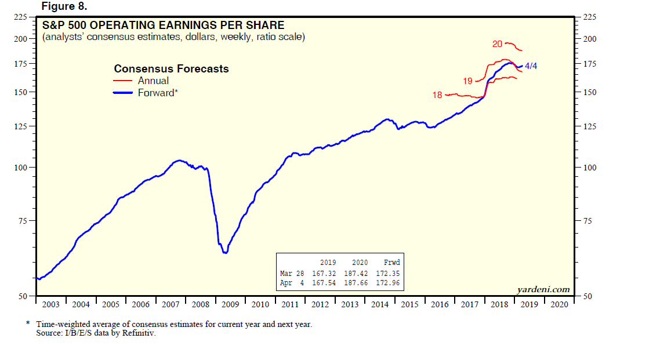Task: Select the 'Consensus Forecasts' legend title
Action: click(171, 69)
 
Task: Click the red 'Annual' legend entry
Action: click(153, 81)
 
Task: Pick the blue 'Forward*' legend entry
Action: click(157, 93)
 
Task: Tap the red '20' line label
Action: click(497, 44)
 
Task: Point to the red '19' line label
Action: click(468, 81)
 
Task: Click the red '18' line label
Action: click(437, 95)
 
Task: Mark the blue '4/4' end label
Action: click(531, 66)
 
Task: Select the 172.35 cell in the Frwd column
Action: click(389, 274)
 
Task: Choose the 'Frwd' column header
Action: click(392, 263)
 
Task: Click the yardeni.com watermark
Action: click(543, 289)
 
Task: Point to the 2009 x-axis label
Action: click(230, 304)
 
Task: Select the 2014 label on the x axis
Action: click(379, 304)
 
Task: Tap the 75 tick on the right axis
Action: click(588, 221)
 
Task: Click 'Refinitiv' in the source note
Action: click(140, 333)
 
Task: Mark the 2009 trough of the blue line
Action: click(225, 252)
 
